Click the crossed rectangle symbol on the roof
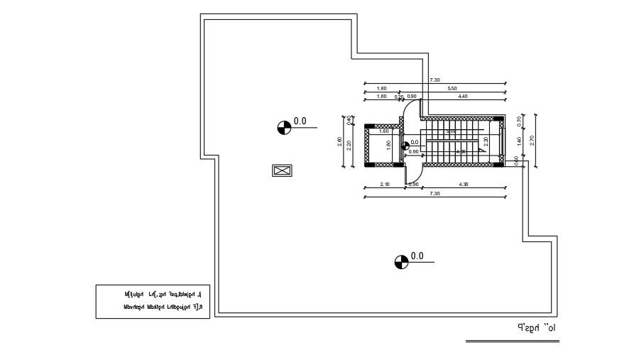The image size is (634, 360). click(x=282, y=170)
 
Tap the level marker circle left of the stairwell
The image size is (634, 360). click(x=283, y=127)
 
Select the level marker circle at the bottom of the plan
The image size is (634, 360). click(x=401, y=262)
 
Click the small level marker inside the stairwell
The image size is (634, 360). click(x=405, y=146)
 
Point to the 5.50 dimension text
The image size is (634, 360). click(x=452, y=89)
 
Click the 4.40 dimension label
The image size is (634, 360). click(x=463, y=97)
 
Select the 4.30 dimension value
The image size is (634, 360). click(x=464, y=185)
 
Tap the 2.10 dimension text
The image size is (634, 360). click(x=385, y=185)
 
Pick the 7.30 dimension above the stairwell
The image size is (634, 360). click(x=434, y=80)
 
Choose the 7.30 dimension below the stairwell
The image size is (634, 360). click(x=434, y=193)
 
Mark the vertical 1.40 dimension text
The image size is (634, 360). click(x=520, y=141)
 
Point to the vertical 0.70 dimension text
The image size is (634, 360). click(x=520, y=121)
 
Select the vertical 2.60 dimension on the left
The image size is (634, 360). click(x=340, y=141)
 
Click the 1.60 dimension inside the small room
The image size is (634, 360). click(x=384, y=131)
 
